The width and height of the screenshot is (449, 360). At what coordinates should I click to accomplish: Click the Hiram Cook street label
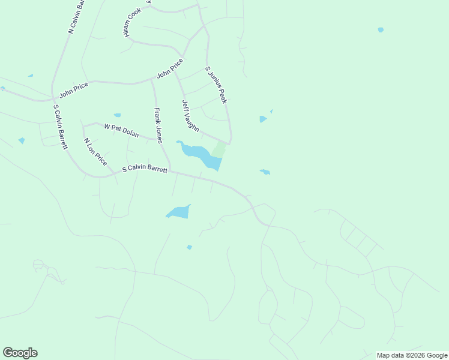(132, 23)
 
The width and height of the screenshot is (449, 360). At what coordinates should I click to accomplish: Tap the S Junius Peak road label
(216, 85)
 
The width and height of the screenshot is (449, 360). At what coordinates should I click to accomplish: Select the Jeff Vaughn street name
(190, 116)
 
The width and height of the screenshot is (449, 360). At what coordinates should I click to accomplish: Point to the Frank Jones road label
(158, 125)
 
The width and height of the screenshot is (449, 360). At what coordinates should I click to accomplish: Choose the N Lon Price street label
(95, 152)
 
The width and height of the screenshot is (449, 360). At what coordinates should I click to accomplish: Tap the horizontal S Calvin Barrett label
(145, 169)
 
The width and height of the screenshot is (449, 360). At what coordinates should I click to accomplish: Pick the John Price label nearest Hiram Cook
(170, 70)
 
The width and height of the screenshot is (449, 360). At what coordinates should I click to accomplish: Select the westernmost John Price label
(73, 89)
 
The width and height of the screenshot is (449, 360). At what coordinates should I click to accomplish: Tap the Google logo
(20, 353)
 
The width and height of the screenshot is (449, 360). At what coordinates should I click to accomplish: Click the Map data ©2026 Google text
(412, 355)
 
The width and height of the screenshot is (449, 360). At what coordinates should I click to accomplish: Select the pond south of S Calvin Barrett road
(179, 212)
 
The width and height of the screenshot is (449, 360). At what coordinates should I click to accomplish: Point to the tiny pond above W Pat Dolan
(117, 115)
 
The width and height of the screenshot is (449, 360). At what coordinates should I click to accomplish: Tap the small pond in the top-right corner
(381, 29)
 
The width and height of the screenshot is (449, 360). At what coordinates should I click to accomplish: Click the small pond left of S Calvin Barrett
(22, 140)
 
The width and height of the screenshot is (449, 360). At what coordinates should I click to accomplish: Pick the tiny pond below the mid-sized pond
(189, 247)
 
